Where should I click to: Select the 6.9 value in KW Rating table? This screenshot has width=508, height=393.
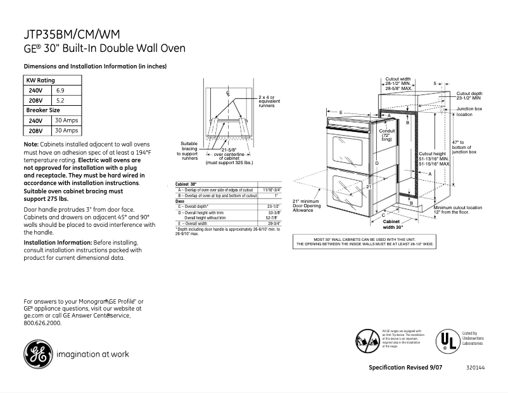[x=61, y=91]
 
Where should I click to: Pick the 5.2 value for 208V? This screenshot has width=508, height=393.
[x=61, y=100]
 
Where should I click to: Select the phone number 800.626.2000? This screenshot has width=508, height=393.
[x=42, y=323]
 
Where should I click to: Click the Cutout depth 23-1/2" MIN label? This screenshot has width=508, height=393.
[x=469, y=96]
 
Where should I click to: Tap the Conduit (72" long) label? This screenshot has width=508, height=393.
[x=386, y=135]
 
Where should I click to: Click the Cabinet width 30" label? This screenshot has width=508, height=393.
[x=393, y=224]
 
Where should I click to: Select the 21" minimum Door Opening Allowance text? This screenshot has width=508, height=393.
[x=307, y=205]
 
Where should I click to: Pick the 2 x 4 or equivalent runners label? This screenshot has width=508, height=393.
[x=267, y=101]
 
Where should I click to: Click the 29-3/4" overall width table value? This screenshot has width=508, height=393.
[x=274, y=224]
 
